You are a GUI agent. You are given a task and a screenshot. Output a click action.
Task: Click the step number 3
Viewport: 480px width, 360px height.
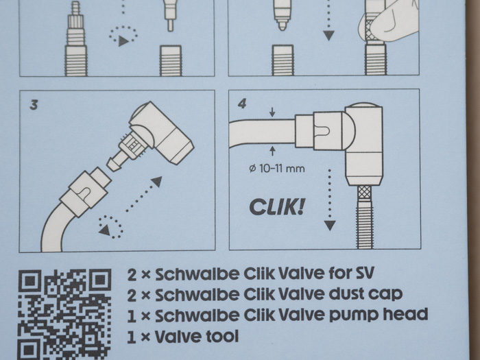tap(34, 105)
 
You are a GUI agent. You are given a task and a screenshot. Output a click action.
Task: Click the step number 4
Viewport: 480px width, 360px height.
tap(242, 104)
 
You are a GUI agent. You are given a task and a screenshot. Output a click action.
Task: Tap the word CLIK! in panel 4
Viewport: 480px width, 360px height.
tap(277, 207)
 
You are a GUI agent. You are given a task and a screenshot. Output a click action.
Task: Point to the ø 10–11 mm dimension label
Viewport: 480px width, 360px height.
tap(277, 169)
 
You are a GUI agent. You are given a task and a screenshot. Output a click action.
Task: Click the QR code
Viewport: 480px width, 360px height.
tap(64, 314)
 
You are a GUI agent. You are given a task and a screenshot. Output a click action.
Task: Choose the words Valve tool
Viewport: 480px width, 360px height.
tap(197, 337)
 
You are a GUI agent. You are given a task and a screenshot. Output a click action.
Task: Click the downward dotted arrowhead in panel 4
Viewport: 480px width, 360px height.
tap(330, 226)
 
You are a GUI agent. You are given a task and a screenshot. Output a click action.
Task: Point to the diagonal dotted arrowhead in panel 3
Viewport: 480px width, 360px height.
tap(157, 181)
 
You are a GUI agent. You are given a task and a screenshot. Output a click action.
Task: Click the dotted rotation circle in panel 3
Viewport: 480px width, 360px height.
tap(110, 226)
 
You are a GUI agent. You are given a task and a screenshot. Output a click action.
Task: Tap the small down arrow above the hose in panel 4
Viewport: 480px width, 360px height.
tap(272, 112)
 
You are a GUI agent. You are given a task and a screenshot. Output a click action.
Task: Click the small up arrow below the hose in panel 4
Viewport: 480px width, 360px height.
tap(272, 151)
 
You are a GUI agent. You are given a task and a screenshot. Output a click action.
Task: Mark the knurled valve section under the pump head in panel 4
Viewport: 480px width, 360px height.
tap(364, 191)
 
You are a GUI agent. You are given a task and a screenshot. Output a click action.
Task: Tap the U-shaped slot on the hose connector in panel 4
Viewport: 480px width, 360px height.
tap(324, 132)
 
